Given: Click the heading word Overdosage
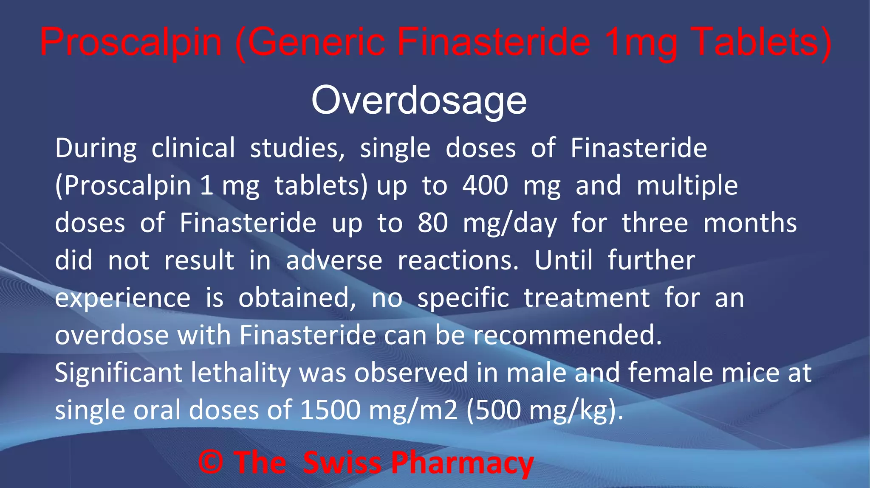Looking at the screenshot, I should pyautogui.click(x=419, y=101).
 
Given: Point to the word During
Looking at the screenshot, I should pyautogui.click(x=96, y=149).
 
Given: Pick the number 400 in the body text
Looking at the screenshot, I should pyautogui.click(x=485, y=185).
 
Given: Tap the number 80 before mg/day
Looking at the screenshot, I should pyautogui.click(x=433, y=223).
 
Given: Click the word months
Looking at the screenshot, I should pyautogui.click(x=750, y=223).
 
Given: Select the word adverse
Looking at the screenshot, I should pyautogui.click(x=334, y=260).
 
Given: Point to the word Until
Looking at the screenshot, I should pyautogui.click(x=563, y=260).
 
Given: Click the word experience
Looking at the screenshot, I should pyautogui.click(x=123, y=298).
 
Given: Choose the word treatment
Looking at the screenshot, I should pyautogui.click(x=587, y=297).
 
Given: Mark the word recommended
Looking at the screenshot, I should pyautogui.click(x=568, y=335).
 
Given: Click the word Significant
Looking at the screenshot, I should pyautogui.click(x=119, y=373).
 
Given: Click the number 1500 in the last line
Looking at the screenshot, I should pyautogui.click(x=330, y=410).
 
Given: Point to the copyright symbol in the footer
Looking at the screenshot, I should pyautogui.click(x=211, y=462).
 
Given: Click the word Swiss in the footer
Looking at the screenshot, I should pyautogui.click(x=342, y=462).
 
